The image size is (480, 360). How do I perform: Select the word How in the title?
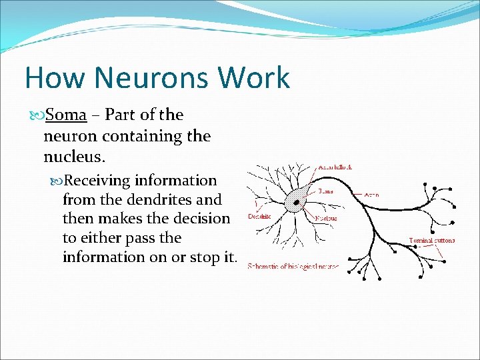55,78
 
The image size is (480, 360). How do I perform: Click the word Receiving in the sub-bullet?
98,181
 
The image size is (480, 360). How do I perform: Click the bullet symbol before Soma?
37,115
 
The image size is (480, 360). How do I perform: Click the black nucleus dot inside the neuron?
294,200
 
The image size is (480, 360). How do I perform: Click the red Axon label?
372,195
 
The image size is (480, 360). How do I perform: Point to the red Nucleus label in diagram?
327,217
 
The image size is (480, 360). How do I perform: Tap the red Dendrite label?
259,216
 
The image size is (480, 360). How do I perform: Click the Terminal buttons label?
432,240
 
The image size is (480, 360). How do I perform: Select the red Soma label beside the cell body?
326,190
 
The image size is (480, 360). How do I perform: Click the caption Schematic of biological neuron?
293,267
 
